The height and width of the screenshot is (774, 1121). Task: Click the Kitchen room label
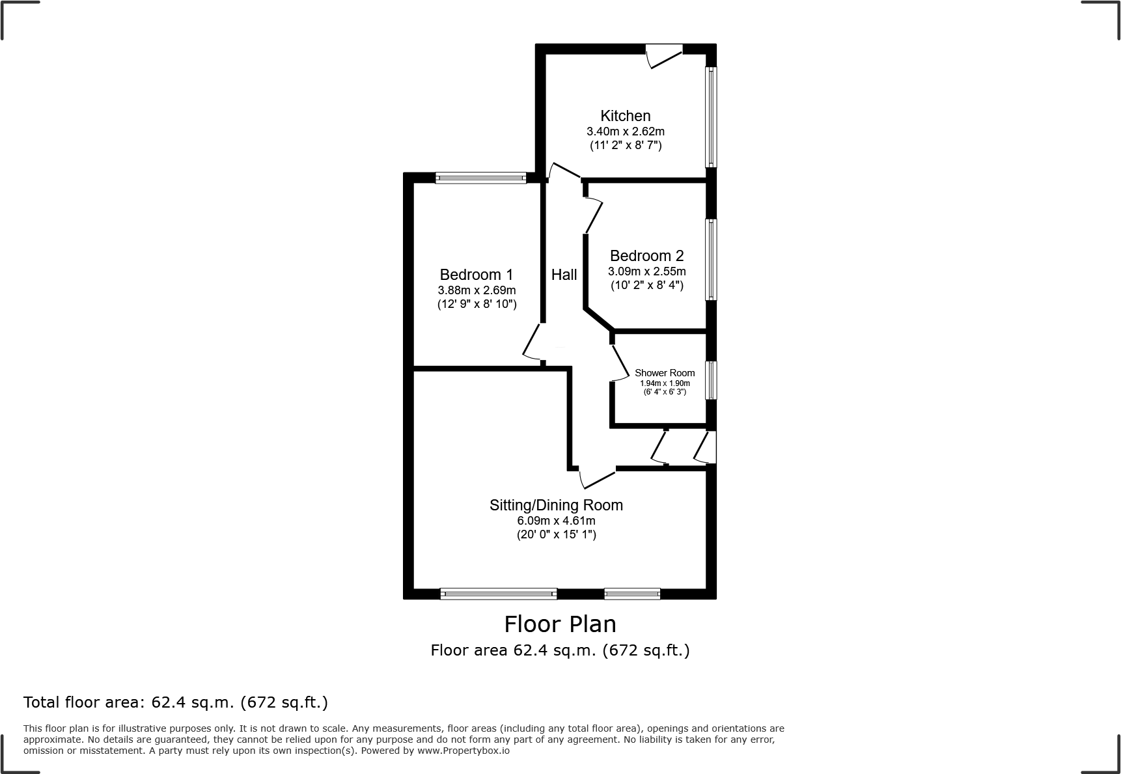625,116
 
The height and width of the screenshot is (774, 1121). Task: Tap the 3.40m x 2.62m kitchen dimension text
625,131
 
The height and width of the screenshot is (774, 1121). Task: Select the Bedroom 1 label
476,275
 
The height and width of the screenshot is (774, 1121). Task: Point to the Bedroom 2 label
646,256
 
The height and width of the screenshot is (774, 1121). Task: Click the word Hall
564,275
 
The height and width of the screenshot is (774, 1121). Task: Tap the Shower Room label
665,373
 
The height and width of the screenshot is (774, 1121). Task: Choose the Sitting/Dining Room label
556,505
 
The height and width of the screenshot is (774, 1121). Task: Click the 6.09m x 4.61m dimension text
556,521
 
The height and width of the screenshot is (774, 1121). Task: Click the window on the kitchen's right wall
712,117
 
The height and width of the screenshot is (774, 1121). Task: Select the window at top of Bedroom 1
480,177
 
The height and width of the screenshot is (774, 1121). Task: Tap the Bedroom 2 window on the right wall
712,259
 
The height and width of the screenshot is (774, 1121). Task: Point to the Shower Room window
712,380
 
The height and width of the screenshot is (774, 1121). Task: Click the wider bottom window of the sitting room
499,593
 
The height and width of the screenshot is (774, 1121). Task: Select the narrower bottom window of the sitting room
631,593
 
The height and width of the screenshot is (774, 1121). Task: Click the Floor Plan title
560,624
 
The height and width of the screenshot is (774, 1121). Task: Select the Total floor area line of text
176,702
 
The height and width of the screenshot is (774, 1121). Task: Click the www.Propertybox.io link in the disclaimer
463,751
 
